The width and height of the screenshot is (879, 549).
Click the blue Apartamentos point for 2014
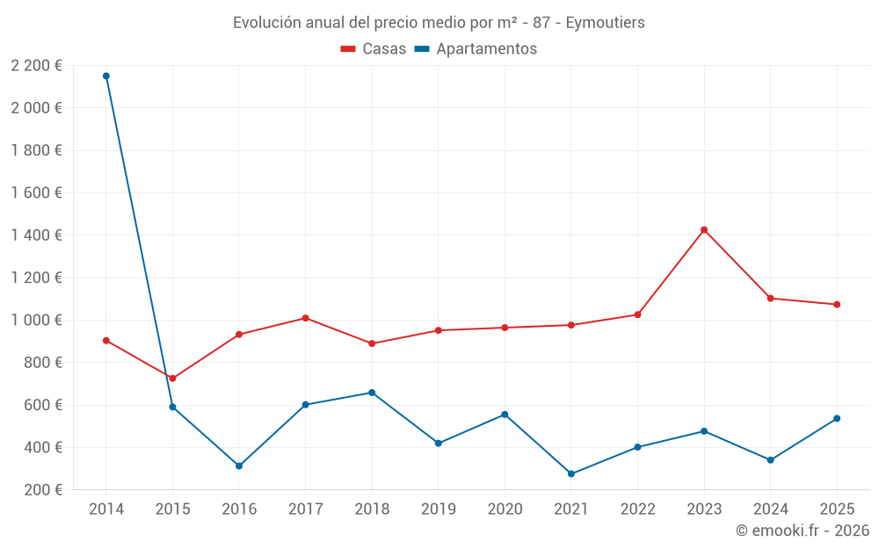[106, 76]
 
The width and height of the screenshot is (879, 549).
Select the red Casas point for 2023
[704, 230]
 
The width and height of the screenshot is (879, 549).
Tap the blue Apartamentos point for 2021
[571, 473]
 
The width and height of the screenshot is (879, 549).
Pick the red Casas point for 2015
[172, 379]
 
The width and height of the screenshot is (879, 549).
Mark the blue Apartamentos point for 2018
[372, 393]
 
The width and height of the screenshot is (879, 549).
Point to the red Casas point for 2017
[305, 318]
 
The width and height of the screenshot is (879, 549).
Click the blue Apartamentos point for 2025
[837, 418]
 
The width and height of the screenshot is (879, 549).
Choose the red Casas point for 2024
[770, 298]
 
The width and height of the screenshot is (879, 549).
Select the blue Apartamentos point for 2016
[239, 466]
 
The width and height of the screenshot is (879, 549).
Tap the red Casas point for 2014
[106, 340]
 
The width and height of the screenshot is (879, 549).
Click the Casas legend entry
[374, 49]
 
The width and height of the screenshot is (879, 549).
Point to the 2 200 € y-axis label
[36, 65]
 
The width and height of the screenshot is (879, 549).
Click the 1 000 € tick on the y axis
[36, 320]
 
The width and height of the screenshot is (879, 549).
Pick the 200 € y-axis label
[42, 489]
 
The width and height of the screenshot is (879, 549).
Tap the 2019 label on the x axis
[438, 509]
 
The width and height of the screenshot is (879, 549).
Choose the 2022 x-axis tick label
[637, 509]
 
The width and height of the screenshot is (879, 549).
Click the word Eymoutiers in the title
[605, 22]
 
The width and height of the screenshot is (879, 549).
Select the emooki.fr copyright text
[802, 531]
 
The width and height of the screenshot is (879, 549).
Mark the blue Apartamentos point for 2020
[505, 415]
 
